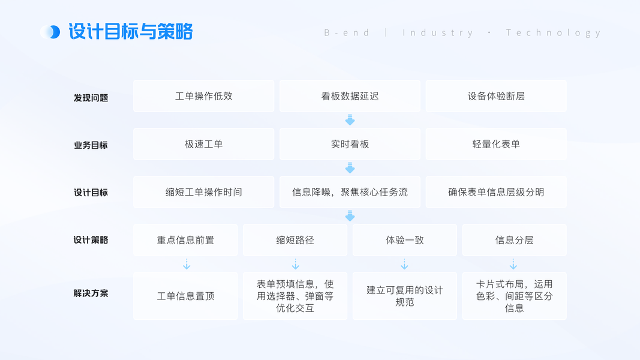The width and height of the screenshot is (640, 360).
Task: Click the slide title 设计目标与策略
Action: (131, 32)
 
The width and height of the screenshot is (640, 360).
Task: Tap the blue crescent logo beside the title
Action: (51, 32)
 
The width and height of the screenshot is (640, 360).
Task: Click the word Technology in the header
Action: (553, 32)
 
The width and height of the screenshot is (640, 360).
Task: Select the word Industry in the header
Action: (438, 32)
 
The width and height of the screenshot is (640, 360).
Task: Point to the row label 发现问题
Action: (91, 98)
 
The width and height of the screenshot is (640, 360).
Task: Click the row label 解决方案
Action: (91, 293)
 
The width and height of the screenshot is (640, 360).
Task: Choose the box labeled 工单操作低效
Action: (203, 96)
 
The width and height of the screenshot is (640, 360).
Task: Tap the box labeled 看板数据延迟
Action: (350, 96)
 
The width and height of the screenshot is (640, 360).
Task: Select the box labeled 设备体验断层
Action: (496, 96)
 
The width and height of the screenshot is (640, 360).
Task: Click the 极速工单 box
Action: (203, 144)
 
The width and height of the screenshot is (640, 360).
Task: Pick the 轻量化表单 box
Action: (496, 144)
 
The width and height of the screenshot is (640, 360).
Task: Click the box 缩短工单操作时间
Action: (203, 192)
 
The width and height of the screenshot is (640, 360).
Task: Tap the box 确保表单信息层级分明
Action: (496, 192)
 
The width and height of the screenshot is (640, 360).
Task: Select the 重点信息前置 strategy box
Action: (185, 240)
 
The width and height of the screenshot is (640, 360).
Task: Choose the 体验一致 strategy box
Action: (404, 240)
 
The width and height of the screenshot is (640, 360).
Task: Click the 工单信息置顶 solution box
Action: (185, 296)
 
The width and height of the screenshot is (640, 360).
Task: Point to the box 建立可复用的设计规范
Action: (404, 296)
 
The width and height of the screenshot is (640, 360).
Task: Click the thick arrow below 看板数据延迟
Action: (350, 120)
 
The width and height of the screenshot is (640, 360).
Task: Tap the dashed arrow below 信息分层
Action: (513, 264)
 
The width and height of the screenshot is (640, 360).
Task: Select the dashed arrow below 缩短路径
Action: (295, 264)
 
